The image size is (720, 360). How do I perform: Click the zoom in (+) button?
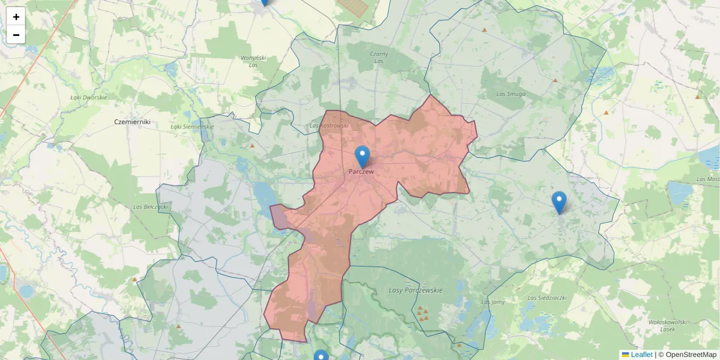pyautogui.click(x=16, y=17)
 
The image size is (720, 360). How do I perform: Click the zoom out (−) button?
pyautogui.click(x=16, y=35)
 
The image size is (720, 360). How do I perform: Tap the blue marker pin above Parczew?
pyautogui.click(x=362, y=156)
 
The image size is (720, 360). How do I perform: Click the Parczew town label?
pyautogui.click(x=362, y=172)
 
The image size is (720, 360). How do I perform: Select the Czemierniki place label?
pyautogui.click(x=132, y=122)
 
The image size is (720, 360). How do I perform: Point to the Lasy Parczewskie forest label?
pyautogui.click(x=416, y=290)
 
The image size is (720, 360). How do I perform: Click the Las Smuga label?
pyautogui.click(x=511, y=94)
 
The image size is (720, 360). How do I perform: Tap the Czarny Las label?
pyautogui.click(x=379, y=58)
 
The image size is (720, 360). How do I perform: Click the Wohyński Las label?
pyautogui.click(x=253, y=61)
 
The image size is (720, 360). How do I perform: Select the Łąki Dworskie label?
pyautogui.click(x=88, y=97)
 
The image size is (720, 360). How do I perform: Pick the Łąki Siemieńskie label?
pyautogui.click(x=192, y=127)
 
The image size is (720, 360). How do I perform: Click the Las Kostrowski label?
pyautogui.click(x=329, y=125)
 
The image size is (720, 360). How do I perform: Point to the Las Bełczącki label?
pyautogui.click(x=150, y=207)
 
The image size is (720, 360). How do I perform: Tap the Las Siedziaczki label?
pyautogui.click(x=547, y=298)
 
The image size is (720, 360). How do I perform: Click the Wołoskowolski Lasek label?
pyautogui.click(x=667, y=325)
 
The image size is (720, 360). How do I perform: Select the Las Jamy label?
pyautogui.click(x=493, y=302)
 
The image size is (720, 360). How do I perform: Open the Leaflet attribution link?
pyautogui.click(x=641, y=355)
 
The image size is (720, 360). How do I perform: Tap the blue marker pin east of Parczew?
pyautogui.click(x=559, y=202)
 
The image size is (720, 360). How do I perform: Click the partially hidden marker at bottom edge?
pyautogui.click(x=322, y=356)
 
